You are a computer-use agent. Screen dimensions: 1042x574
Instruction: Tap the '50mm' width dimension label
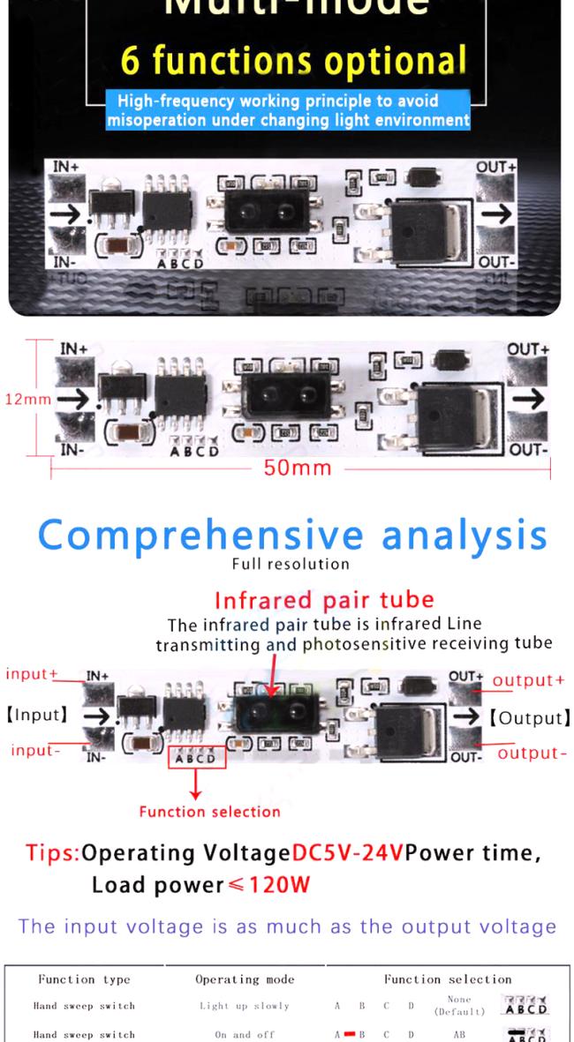(297, 468)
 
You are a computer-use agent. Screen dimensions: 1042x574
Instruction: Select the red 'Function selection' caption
(209, 811)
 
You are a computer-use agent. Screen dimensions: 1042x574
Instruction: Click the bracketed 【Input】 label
(36, 712)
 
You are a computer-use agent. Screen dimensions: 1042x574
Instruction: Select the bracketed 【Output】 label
(527, 716)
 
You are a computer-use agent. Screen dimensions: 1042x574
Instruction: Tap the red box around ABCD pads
(197, 755)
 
